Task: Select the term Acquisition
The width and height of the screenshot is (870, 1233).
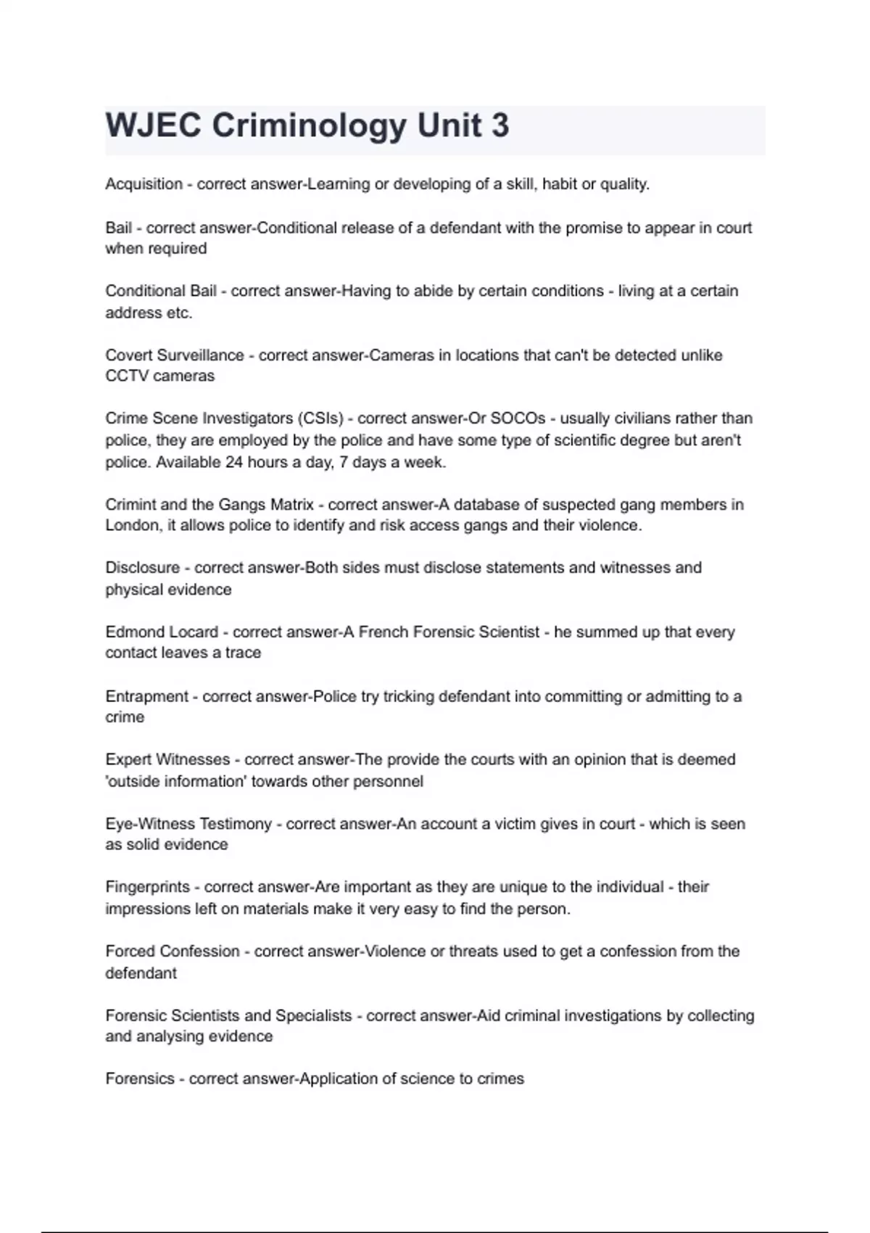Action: click(x=144, y=184)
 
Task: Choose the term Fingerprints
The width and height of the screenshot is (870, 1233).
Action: click(x=148, y=886)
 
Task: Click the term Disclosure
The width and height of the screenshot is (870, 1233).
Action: click(x=142, y=567)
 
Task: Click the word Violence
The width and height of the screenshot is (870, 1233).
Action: click(x=394, y=951)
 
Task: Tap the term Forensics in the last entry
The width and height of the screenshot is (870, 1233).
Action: click(x=140, y=1079)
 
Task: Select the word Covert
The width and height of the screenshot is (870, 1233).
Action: click(x=129, y=355)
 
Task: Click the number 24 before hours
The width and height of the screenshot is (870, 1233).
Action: click(x=233, y=462)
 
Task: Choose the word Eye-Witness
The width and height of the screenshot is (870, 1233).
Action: click(x=150, y=824)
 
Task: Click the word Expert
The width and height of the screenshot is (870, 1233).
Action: click(x=128, y=759)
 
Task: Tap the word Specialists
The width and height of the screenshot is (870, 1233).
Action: click(x=313, y=1015)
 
